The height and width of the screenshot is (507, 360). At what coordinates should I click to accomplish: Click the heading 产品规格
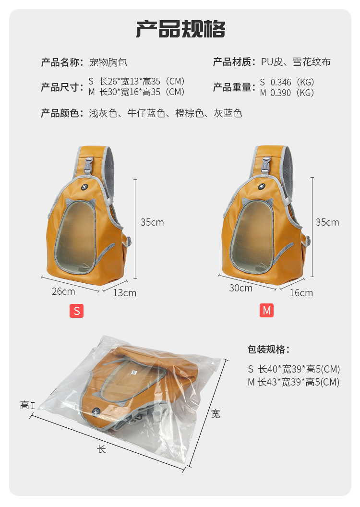(x=180, y=29)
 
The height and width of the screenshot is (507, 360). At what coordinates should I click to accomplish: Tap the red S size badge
(x=77, y=311)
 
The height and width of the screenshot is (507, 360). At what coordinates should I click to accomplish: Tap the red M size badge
(x=266, y=311)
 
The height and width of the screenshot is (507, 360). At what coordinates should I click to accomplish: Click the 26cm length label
(x=64, y=291)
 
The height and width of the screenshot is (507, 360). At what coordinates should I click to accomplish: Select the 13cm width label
(x=124, y=292)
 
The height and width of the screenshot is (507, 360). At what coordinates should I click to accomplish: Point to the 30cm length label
(x=241, y=288)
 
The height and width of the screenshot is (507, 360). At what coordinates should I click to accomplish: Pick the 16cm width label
(x=301, y=292)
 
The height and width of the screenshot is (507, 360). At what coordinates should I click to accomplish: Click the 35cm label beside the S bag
(x=152, y=222)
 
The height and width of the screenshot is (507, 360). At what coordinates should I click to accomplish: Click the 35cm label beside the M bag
(x=327, y=222)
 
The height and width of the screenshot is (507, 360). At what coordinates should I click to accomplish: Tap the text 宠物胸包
(x=108, y=62)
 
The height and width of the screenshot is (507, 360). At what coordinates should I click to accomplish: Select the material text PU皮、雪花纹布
(x=296, y=61)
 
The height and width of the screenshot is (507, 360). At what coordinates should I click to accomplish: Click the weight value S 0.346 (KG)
(x=287, y=82)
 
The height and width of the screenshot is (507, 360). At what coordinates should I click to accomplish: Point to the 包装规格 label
(x=268, y=349)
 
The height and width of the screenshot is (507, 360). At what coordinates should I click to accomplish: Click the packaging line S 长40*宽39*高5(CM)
(x=294, y=369)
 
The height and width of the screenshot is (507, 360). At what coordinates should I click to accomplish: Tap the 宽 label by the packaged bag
(x=216, y=413)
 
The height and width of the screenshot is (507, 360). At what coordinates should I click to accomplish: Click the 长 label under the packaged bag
(x=101, y=449)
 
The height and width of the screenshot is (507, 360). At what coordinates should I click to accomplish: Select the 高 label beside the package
(x=25, y=405)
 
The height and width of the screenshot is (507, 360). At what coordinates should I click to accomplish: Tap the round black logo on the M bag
(x=262, y=186)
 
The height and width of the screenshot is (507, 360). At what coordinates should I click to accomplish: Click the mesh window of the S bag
(x=75, y=236)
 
